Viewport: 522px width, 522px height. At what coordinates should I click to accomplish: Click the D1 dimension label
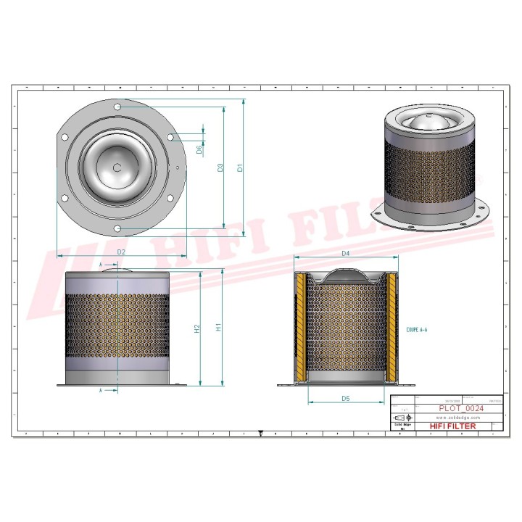pos(241,168)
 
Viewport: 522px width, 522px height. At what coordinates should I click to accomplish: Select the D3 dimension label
pos(220,168)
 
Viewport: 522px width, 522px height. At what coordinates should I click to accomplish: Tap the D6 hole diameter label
pos(199,149)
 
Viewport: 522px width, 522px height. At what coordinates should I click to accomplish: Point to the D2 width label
pos(122,252)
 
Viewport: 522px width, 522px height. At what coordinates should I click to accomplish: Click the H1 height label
pos(219,328)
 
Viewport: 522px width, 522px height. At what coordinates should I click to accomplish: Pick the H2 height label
pos(196,328)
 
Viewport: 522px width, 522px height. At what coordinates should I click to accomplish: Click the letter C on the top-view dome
pos(117,167)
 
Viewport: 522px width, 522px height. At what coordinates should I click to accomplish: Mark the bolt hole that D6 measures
pos(170,138)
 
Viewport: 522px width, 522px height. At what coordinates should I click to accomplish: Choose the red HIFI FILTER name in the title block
pos(453,426)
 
